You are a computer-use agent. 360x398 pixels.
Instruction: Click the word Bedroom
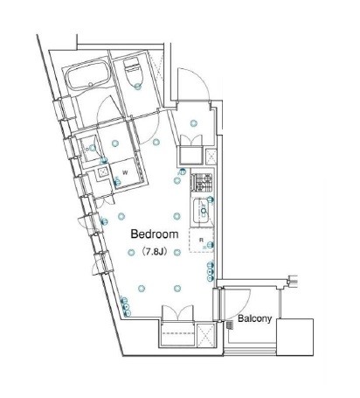[x=155, y=234]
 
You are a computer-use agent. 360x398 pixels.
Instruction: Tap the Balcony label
[x=255, y=318]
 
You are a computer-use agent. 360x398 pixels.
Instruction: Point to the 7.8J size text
[x=155, y=252]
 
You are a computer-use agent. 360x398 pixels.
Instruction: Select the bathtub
[x=88, y=75]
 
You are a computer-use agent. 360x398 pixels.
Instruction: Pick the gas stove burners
[x=202, y=182]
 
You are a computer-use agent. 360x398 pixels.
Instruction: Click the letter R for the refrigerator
[x=201, y=240]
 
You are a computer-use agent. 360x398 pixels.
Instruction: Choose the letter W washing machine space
[x=125, y=172]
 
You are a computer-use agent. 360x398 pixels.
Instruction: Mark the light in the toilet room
[x=137, y=87]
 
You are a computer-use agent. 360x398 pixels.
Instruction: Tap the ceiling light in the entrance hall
[x=194, y=123]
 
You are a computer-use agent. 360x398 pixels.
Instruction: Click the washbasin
[x=90, y=149]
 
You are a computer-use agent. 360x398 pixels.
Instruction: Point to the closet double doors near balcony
[x=177, y=313]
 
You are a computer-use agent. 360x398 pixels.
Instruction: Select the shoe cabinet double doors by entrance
[x=191, y=140]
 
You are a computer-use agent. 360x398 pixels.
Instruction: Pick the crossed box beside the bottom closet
[x=205, y=335]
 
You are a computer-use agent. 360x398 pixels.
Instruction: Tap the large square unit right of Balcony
[x=294, y=337]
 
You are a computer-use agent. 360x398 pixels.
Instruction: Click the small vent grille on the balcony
[x=230, y=325]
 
